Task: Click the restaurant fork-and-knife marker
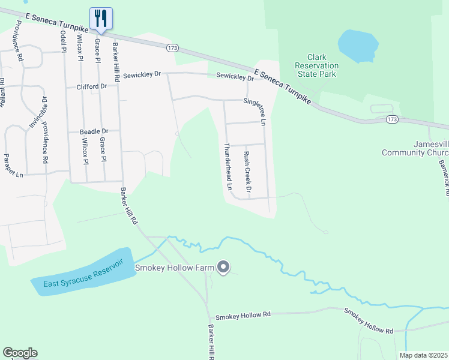coord(100,19)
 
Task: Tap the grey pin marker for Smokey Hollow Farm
coord(223,267)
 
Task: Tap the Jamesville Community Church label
coord(415,148)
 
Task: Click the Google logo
coord(20,353)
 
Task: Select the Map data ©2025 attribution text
coord(423,355)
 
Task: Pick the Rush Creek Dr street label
coord(247,167)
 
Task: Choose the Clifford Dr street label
coord(91,86)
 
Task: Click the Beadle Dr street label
coord(94,131)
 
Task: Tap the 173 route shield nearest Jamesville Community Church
coord(391,120)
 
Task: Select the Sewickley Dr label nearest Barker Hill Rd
coord(142,75)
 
